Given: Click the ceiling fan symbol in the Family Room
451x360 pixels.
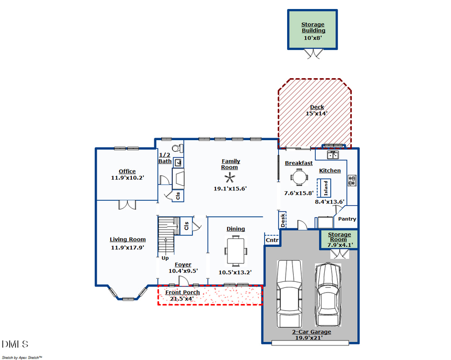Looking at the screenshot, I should pyautogui.click(x=231, y=178).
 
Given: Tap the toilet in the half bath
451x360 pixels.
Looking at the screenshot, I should pyautogui.click(x=177, y=148).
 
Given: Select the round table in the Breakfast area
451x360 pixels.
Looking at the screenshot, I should pyautogui.click(x=299, y=177).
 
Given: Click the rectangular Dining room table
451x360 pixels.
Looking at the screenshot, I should pyautogui.click(x=236, y=250).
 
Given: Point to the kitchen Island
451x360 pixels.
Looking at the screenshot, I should pyautogui.click(x=325, y=187).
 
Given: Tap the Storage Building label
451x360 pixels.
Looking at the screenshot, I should pyautogui.click(x=313, y=28).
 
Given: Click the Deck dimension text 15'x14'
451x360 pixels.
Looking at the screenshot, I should pyautogui.click(x=317, y=114).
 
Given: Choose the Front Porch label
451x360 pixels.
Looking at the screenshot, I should pyautogui.click(x=182, y=292).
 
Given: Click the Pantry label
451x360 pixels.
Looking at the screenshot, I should pyautogui.click(x=347, y=219).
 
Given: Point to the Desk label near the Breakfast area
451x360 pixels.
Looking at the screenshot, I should pyautogui.click(x=283, y=220).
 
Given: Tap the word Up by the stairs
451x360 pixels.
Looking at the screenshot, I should pyautogui.click(x=165, y=258).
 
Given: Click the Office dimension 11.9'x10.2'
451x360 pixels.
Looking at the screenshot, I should pyautogui.click(x=127, y=178).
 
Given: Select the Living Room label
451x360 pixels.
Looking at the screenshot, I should pyautogui.click(x=128, y=239).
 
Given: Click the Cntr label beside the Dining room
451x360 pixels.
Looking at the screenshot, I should pyautogui.click(x=272, y=240).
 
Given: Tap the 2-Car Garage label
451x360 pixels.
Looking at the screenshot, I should pyautogui.click(x=311, y=332).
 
